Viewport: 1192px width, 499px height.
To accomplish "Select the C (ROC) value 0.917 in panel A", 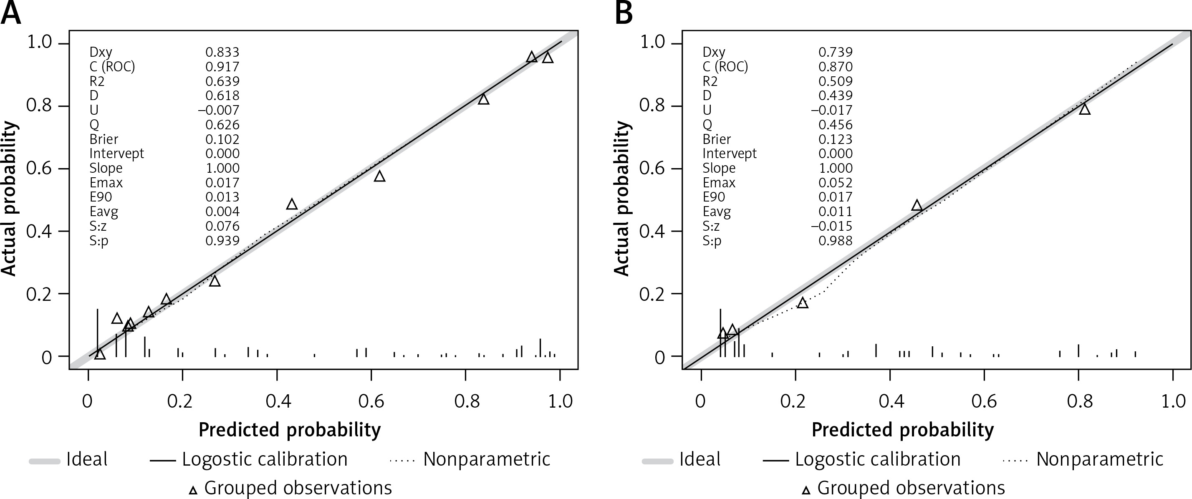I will [x=222, y=67].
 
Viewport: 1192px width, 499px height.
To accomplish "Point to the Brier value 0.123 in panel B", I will [x=835, y=139].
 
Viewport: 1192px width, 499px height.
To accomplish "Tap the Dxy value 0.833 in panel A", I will [x=222, y=52].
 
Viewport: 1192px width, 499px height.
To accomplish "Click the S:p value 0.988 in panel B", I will [x=835, y=240].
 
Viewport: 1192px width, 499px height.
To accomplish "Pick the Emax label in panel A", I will [x=106, y=183].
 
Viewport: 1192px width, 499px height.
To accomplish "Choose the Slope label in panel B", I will [x=719, y=168].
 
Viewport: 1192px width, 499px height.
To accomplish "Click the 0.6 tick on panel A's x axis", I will [x=371, y=401].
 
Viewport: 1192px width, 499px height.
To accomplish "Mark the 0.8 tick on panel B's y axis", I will [x=653, y=106].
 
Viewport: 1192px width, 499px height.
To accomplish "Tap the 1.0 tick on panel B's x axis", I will [x=1174, y=401].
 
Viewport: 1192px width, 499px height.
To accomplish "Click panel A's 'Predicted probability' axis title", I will [x=290, y=430].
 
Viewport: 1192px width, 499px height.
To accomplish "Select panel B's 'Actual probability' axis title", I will [x=622, y=199].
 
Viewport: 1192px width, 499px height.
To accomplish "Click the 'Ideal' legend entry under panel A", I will [x=86, y=460].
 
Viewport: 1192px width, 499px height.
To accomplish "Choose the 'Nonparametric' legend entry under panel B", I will [x=1099, y=460].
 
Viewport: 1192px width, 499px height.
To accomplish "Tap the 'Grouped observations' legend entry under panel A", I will [x=298, y=488].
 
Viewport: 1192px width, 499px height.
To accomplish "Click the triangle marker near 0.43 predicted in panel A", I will [x=291, y=204].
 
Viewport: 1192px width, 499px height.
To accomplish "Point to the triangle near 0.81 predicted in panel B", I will [x=1085, y=109].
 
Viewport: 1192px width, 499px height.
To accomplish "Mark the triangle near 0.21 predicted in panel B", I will [x=802, y=303].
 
